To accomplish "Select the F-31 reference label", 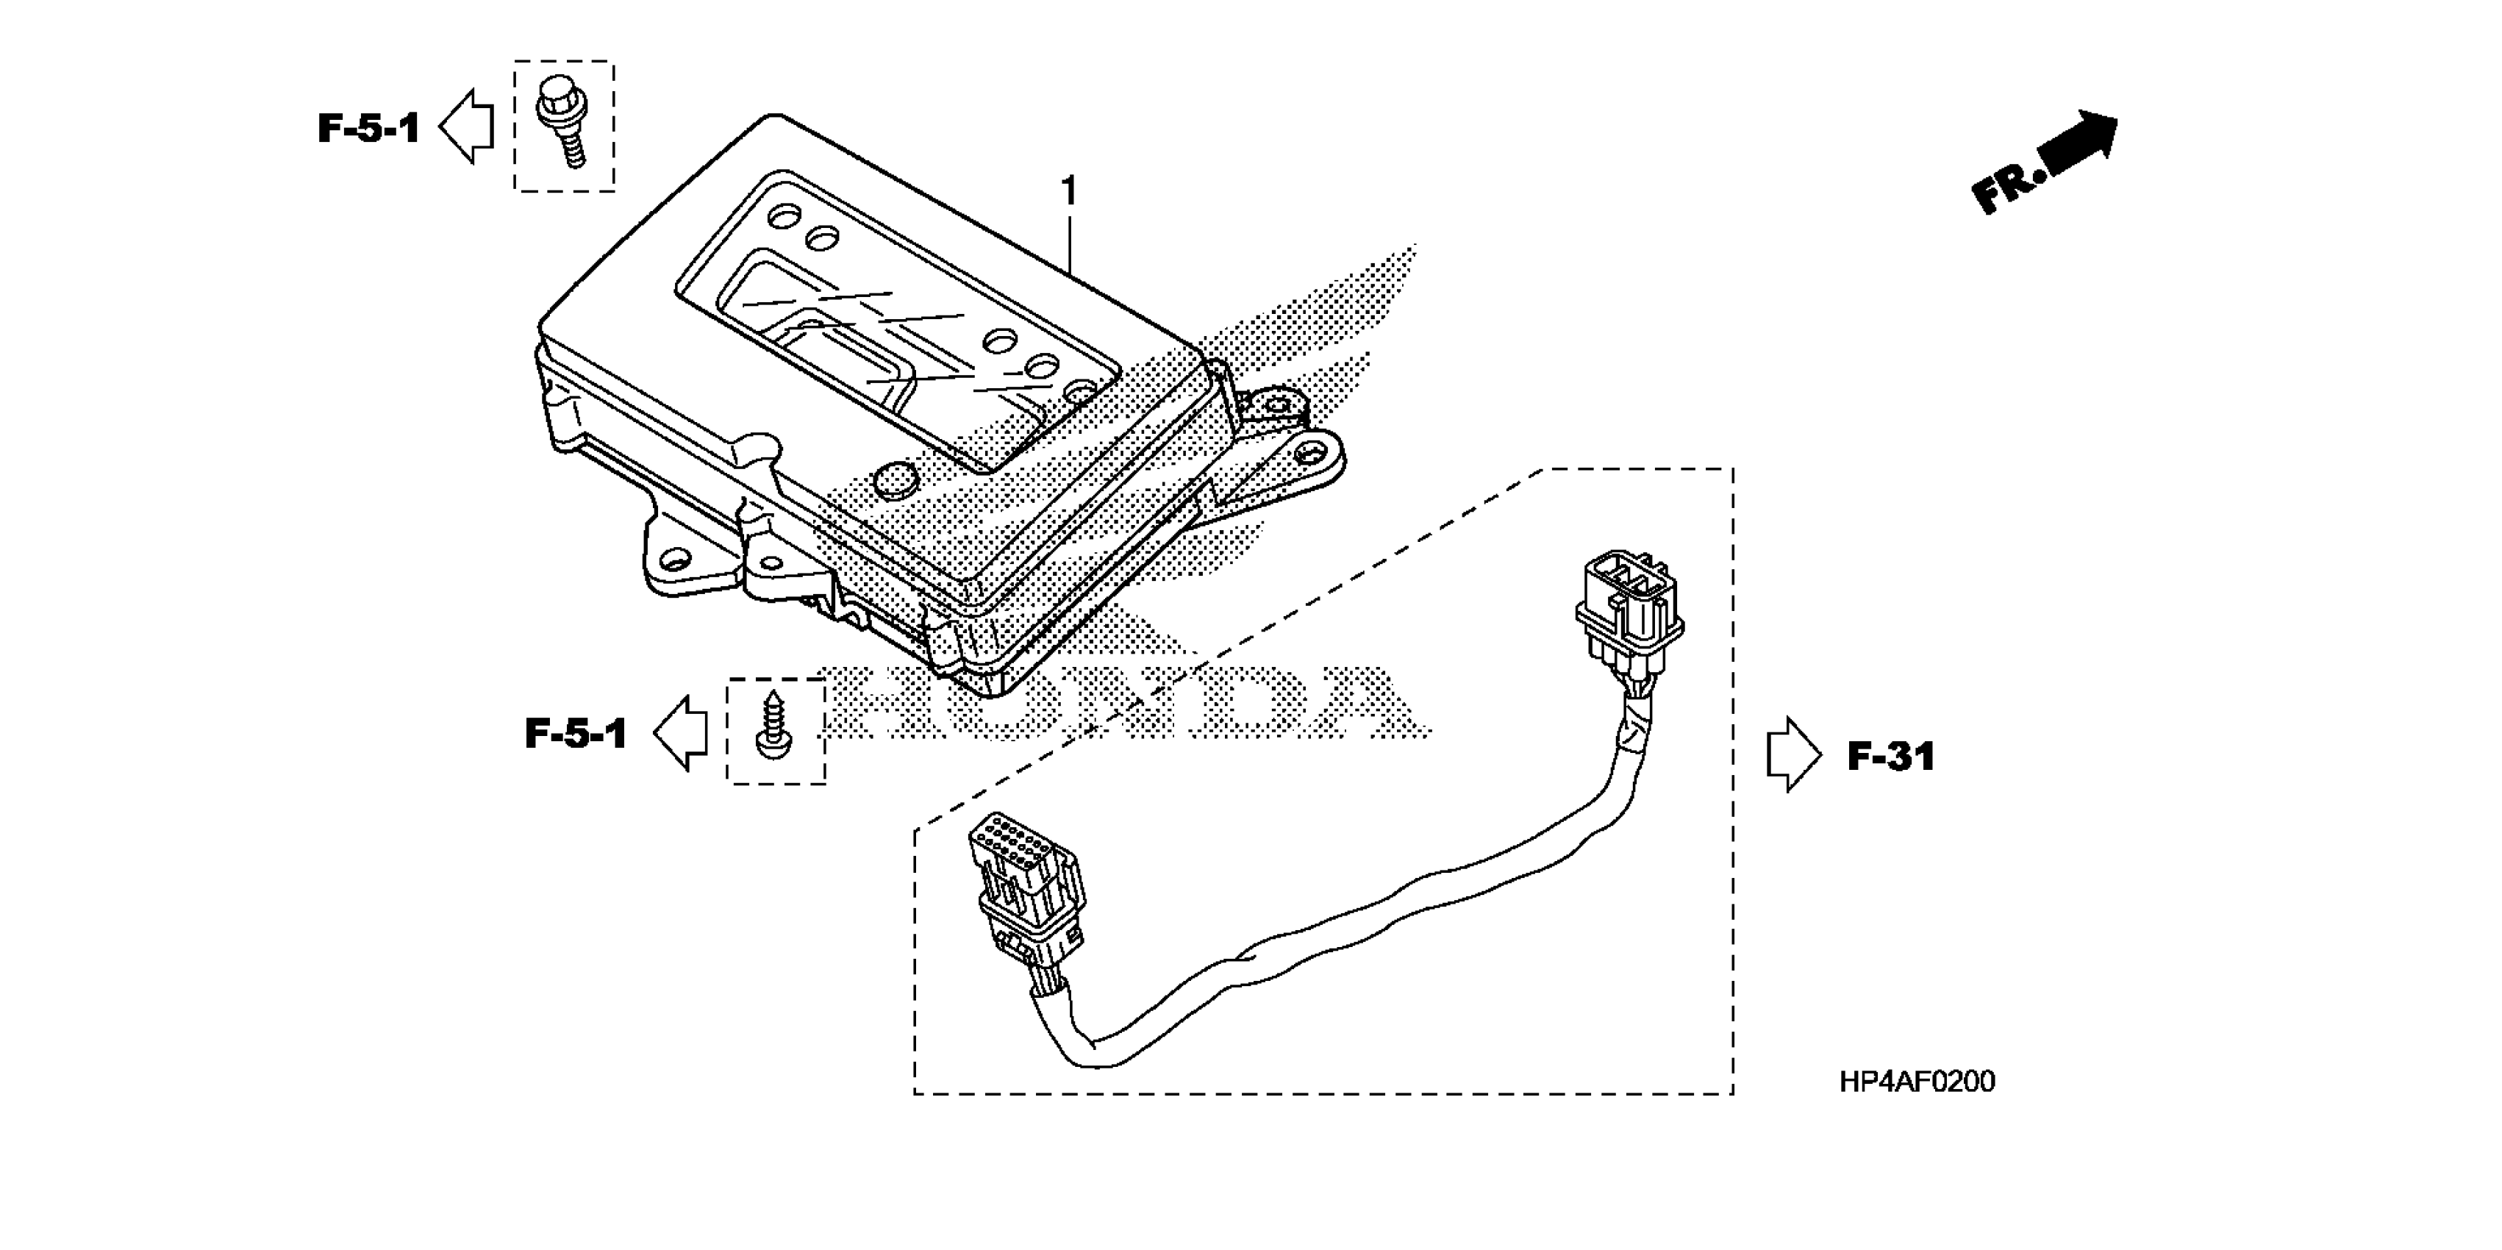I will click(x=1890, y=757).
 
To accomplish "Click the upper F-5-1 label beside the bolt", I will click(x=368, y=128).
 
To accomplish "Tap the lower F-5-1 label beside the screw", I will click(x=576, y=735).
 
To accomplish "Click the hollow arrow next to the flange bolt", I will click(x=467, y=126).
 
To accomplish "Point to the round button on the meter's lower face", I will click(x=896, y=478).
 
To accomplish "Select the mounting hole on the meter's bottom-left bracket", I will click(x=671, y=559).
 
